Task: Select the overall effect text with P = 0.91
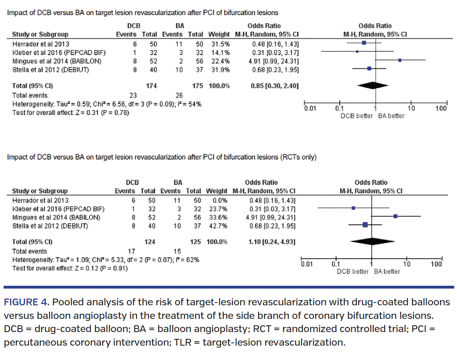[70, 268]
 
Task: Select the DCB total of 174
[151, 85]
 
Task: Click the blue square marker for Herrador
[364, 42]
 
